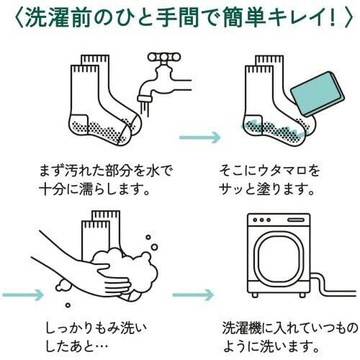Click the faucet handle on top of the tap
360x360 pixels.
[164, 57]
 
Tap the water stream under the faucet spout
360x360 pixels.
[145, 109]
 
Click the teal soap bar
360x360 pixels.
[318, 94]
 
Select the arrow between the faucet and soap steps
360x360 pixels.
[200, 138]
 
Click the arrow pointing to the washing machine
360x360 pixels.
[193, 294]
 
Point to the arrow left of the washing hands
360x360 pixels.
[23, 294]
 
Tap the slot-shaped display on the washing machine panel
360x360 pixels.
[296, 220]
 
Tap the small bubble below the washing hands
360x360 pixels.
[68, 305]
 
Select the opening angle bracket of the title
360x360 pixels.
[19, 18]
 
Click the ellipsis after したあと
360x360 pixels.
[100, 346]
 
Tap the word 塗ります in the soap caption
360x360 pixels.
[285, 189]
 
